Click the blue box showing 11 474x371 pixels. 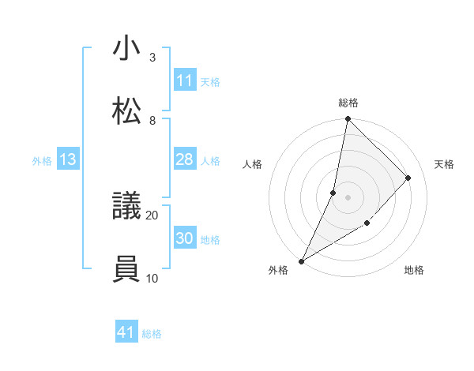click(185, 81)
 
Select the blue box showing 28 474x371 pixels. click(185, 159)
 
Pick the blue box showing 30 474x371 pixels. click(185, 238)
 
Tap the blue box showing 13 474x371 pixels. click(68, 159)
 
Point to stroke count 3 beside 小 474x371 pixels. click(152, 58)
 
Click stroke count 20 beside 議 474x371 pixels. click(152, 215)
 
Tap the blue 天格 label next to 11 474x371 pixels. click(210, 81)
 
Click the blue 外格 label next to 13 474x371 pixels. click(42, 160)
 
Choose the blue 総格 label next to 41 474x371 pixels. click(152, 333)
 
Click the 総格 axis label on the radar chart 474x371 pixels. click(348, 103)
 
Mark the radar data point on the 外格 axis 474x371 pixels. click(301, 260)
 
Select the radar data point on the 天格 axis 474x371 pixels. click(408, 178)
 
